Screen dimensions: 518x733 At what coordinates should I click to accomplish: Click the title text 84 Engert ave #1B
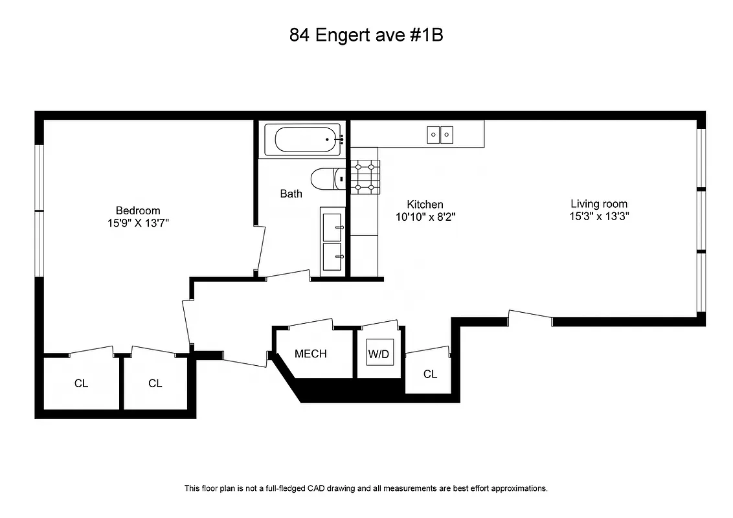point(366,35)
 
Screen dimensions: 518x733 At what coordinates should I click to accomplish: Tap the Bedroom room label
point(138,210)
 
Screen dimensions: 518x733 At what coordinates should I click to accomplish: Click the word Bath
point(291,194)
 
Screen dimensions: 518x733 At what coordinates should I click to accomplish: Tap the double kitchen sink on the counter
point(440,135)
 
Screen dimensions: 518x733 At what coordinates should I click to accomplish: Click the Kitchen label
point(425,205)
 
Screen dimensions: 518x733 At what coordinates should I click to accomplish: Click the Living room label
point(599,204)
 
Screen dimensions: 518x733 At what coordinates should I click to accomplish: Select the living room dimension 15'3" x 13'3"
point(599,217)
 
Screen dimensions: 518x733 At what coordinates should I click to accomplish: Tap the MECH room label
point(311,354)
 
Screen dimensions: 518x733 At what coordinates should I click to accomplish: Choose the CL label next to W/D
point(430,374)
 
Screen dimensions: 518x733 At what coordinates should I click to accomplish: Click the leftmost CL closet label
point(81,383)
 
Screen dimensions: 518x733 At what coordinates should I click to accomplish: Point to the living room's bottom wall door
point(530,317)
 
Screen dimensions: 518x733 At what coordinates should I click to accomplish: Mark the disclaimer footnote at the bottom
point(366,488)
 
